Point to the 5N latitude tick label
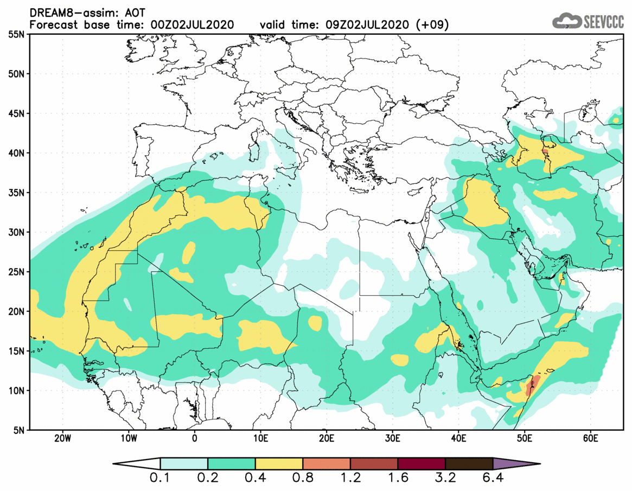17,430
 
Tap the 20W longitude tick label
63,438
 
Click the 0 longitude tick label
195,438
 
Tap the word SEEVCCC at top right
603,22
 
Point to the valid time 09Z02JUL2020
368,25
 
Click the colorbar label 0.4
255,479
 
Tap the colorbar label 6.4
493,479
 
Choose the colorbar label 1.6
398,479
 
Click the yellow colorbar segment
279,464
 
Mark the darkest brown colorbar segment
469,464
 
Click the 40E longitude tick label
458,438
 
